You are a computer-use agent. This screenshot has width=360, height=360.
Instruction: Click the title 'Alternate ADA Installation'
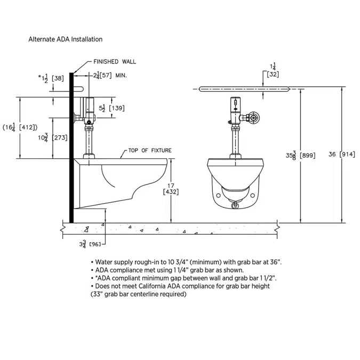(x=65, y=39)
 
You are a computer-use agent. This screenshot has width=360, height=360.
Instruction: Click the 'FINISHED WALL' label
(x=115, y=62)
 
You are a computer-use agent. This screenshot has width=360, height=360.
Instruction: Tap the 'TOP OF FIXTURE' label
(x=150, y=150)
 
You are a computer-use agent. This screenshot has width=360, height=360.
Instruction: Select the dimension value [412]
(x=28, y=127)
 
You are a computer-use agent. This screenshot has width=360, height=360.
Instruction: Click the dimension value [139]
(x=117, y=108)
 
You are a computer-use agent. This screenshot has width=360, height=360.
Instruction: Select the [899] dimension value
(x=307, y=156)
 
